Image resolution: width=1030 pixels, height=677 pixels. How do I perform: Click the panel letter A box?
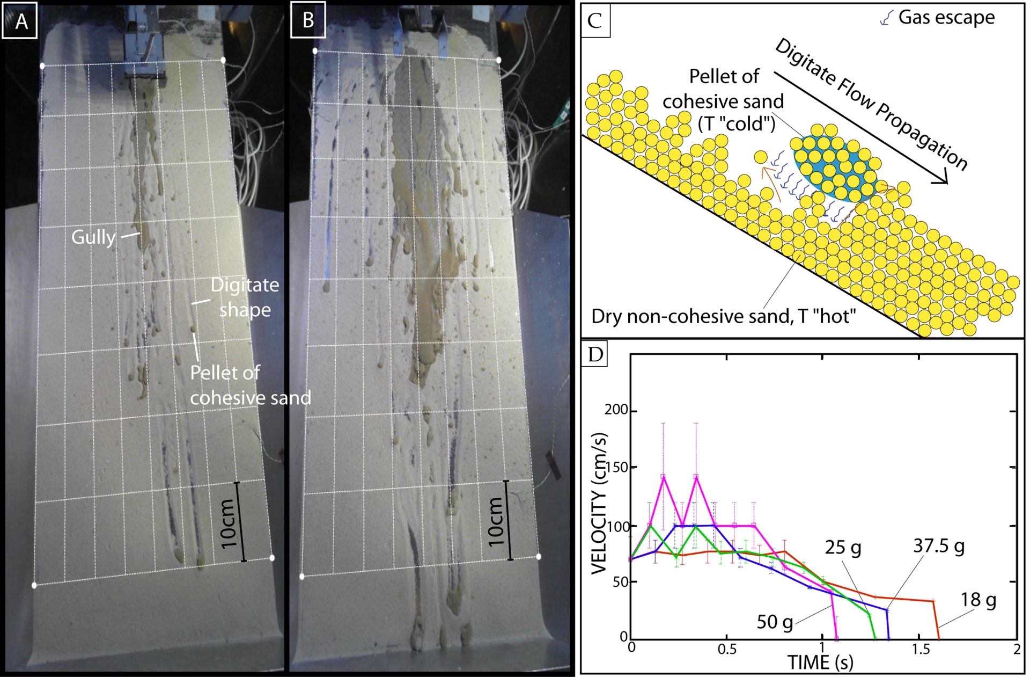[x=20, y=20]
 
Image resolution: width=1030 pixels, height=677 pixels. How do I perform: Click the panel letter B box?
[x=308, y=20]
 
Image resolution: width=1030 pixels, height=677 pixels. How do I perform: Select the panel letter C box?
[x=595, y=20]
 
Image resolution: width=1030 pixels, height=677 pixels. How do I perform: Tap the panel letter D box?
[x=594, y=354]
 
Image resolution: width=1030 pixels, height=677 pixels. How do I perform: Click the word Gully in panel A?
[x=93, y=237]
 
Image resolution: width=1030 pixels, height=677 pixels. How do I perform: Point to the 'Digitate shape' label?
[x=245, y=297]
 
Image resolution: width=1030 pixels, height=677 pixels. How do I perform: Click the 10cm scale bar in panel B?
[x=507, y=520]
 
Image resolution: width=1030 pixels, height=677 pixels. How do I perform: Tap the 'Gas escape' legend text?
[x=946, y=17]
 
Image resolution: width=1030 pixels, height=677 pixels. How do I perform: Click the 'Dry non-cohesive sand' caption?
[x=723, y=316]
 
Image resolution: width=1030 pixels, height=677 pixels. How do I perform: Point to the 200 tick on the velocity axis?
[x=616, y=410]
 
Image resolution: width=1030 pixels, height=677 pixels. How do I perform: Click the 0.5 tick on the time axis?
[x=727, y=649]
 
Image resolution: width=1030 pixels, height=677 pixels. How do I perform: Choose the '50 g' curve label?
[x=775, y=622]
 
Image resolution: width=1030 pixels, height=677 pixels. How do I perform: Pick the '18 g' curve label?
[x=978, y=599]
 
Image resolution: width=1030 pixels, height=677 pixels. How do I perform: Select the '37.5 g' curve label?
[x=939, y=546]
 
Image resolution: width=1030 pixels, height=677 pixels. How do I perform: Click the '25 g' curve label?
[x=843, y=548]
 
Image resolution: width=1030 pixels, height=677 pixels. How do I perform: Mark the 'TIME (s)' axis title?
[x=820, y=663]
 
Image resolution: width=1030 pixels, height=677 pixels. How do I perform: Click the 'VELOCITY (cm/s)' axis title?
[x=599, y=503]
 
